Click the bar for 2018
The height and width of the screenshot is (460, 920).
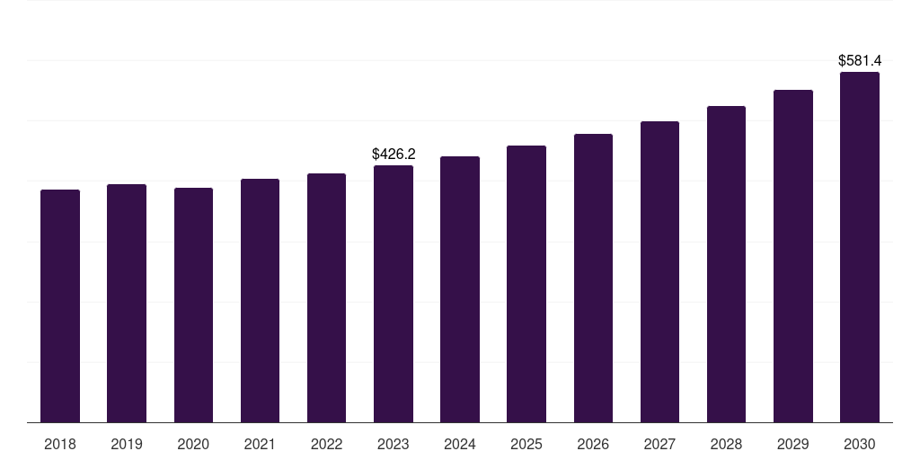click(60, 305)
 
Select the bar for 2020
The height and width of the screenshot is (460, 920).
click(193, 305)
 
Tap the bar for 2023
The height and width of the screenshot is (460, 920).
click(394, 294)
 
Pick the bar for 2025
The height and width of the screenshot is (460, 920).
click(526, 284)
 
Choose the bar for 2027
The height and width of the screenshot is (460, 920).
click(659, 271)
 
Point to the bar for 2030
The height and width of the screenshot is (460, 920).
click(860, 247)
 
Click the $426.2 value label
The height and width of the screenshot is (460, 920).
click(394, 155)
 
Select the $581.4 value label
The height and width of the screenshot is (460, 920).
click(860, 61)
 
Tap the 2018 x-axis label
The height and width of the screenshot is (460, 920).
click(60, 445)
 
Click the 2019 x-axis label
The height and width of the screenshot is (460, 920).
click(127, 445)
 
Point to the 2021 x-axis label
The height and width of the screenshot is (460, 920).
click(260, 445)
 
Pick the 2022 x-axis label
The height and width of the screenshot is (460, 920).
click(326, 445)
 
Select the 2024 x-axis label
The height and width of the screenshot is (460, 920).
click(460, 445)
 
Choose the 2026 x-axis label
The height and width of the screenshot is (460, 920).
click(593, 445)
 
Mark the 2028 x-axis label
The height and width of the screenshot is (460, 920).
click(726, 445)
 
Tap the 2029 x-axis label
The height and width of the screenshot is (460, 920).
click(792, 445)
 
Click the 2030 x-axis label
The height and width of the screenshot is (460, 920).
click(860, 445)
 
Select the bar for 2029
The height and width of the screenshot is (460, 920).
click(792, 256)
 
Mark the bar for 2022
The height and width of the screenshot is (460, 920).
click(326, 297)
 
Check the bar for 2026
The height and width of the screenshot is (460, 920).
click(593, 278)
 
